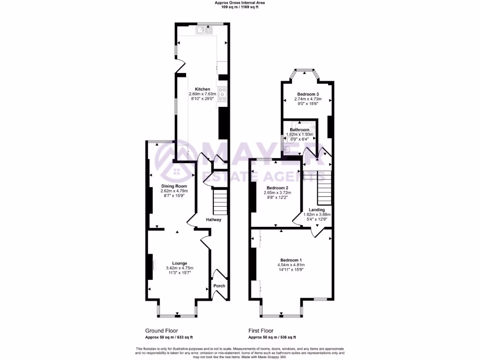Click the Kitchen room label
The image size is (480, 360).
(202, 89)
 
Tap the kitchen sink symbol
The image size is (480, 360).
(204, 30)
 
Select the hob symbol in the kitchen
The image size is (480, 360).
(222, 95)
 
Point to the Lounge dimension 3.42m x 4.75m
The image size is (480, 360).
(180, 268)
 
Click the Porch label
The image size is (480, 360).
(219, 286)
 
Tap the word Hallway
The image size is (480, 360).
(213, 219)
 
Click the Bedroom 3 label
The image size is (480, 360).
(307, 94)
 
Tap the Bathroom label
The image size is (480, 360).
(300, 130)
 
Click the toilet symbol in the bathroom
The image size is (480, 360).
(287, 149)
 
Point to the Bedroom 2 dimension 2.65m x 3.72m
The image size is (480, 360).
(277, 193)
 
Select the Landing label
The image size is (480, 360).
(317, 210)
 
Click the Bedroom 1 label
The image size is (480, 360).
(291, 260)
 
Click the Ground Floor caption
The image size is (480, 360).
(161, 331)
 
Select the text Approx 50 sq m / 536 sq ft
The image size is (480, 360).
(272, 337)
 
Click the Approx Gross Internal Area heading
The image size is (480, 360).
(240, 2)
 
